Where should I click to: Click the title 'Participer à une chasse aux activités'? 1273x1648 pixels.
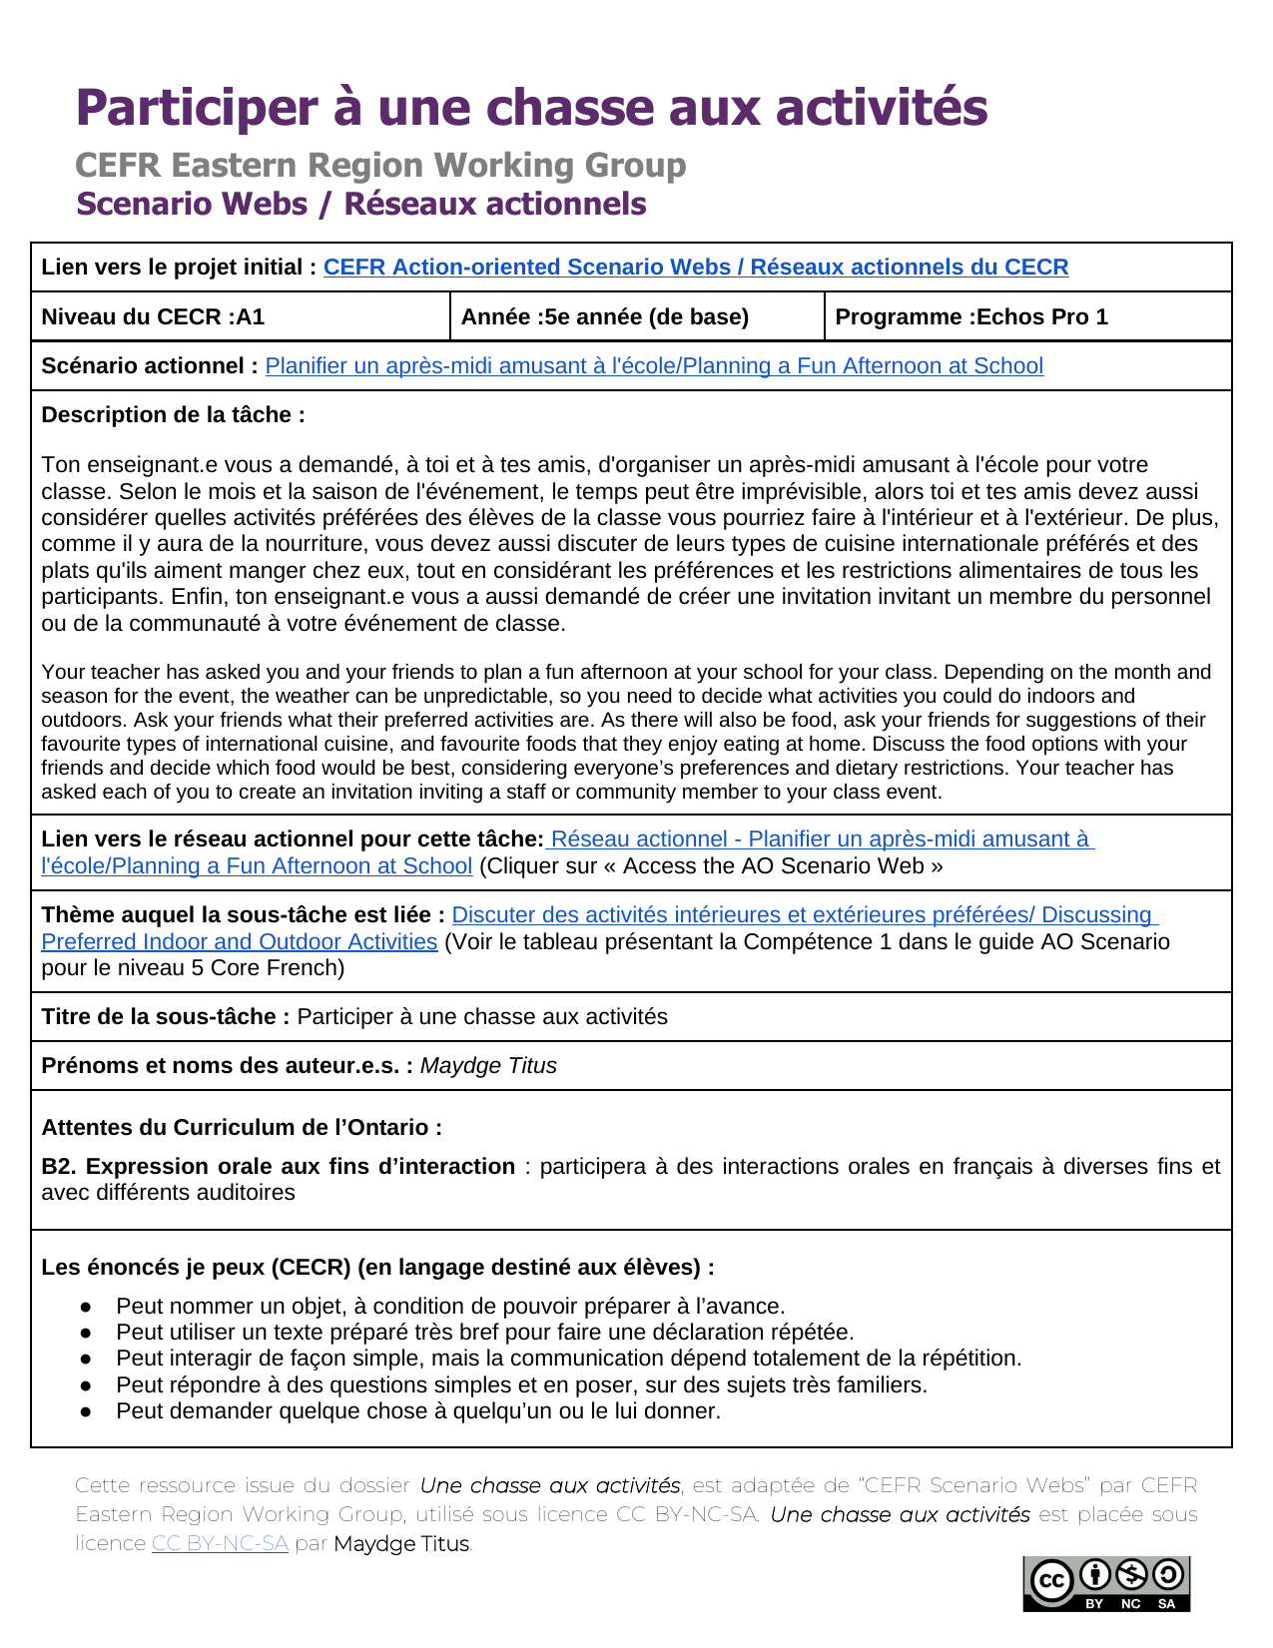coord(531,108)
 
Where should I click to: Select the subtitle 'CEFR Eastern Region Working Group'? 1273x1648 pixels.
coord(380,165)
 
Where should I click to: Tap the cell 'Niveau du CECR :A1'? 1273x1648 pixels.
coord(153,316)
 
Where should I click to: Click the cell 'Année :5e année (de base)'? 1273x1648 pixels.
coord(604,316)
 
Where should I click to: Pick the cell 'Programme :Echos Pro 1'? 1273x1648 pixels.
coord(970,316)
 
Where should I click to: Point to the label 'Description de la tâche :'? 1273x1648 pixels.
coord(173,414)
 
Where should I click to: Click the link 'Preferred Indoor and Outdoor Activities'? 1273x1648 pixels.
coord(240,941)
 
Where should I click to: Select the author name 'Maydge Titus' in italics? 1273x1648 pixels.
coord(488,1065)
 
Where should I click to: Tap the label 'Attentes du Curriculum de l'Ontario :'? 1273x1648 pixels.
coord(242,1127)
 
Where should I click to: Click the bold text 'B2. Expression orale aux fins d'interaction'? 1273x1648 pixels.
coord(278,1166)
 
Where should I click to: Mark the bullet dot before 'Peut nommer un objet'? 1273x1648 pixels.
coord(87,1307)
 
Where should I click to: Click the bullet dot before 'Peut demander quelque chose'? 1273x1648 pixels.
coord(87,1411)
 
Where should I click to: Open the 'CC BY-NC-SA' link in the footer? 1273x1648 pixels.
coord(220,1543)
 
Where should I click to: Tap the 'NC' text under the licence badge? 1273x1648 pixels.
coord(1130,1603)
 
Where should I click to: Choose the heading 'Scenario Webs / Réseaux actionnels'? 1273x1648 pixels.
coord(361,204)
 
